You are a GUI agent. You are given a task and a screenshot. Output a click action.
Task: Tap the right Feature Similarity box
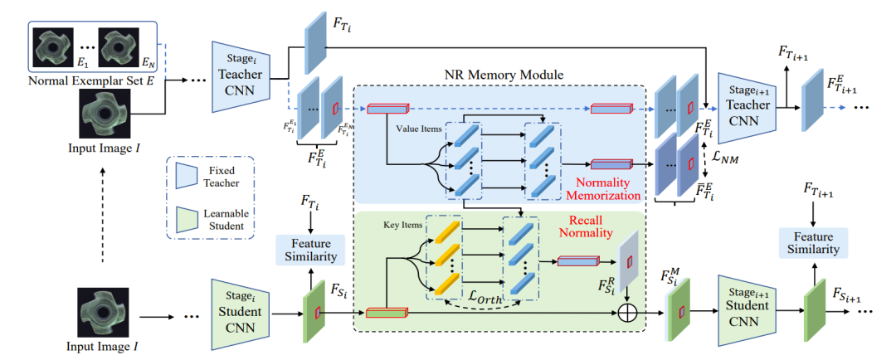(814, 241)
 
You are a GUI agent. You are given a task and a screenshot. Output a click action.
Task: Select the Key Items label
(402, 223)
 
